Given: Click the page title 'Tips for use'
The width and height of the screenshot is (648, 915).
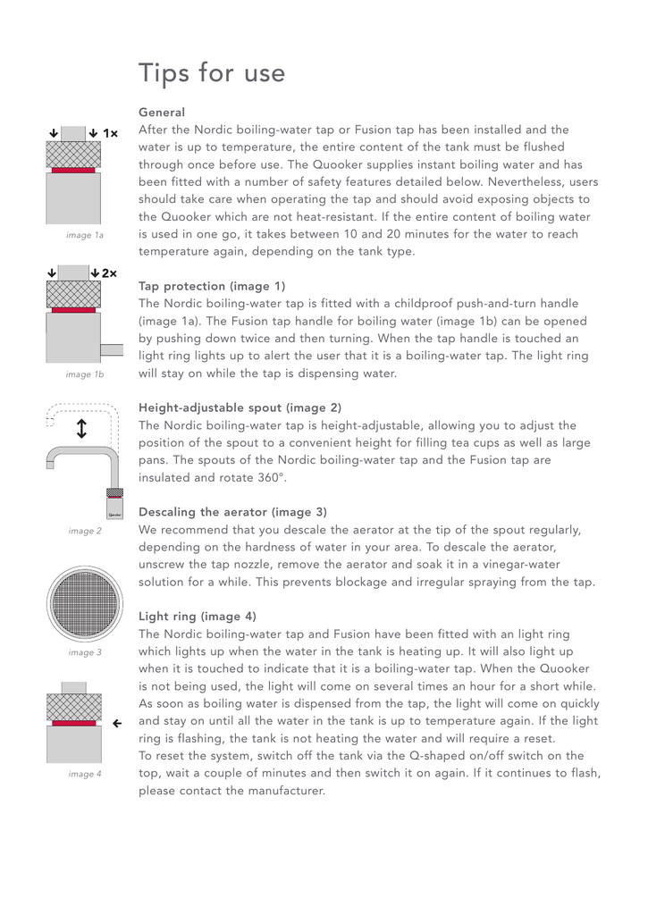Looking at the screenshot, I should tap(212, 73).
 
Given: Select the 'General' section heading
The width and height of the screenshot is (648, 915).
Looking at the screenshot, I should tap(162, 113).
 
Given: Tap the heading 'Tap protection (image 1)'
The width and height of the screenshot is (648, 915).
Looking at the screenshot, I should tap(212, 287).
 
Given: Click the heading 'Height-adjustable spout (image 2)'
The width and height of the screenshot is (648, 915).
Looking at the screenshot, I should tap(240, 407).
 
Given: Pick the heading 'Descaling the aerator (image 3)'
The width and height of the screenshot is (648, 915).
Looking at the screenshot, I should tap(232, 512).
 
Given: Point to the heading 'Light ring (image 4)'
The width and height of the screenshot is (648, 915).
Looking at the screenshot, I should tap(198, 617).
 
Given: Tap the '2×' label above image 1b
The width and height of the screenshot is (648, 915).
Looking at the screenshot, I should tap(110, 273).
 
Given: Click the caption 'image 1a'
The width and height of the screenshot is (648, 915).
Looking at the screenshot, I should tap(85, 235).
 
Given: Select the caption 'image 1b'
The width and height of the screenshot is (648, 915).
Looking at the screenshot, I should tap(85, 374).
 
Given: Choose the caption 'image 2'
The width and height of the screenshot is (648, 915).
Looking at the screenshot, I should tap(85, 531).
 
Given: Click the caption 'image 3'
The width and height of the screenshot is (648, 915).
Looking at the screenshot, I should tap(85, 652).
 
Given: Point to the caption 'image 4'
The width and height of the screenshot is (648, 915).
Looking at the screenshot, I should tap(85, 774).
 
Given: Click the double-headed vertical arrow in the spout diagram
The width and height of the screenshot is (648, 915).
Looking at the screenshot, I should tap(81, 429).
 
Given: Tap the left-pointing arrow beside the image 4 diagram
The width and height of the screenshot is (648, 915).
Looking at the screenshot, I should tap(117, 723).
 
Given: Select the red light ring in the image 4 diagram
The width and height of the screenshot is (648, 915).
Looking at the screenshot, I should tap(73, 723).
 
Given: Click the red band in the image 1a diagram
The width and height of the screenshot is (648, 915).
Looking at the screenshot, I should tap(73, 170).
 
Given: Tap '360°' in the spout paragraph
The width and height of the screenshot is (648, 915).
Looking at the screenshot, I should tap(270, 478).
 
